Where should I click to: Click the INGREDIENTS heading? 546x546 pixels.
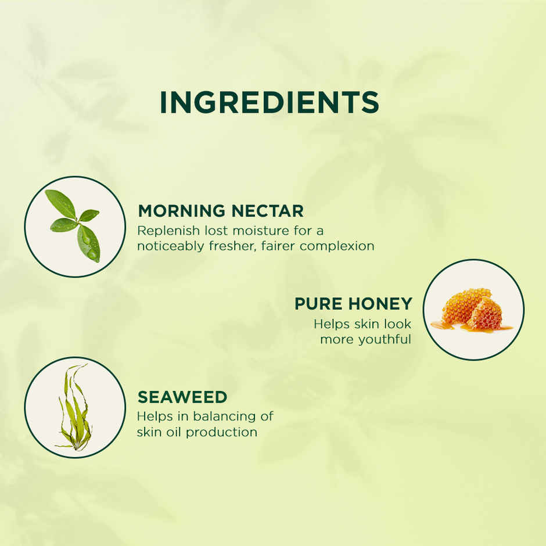tap(269, 103)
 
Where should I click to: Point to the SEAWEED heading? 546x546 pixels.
tap(182, 397)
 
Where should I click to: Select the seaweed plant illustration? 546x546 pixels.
tap(74, 407)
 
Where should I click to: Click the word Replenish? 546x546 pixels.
tap(164, 231)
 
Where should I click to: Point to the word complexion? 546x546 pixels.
tap(337, 246)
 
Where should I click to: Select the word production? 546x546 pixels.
tap(225, 432)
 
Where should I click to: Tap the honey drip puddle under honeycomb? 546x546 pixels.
tap(450, 326)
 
